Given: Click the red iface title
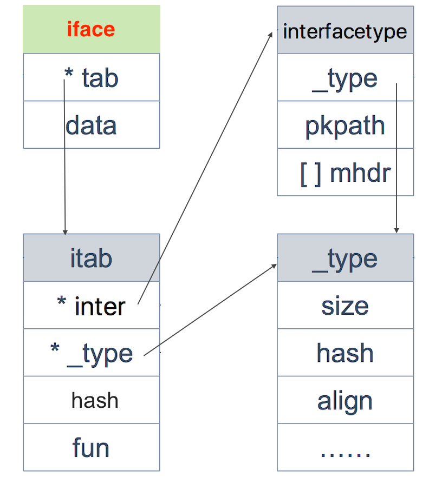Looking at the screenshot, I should tap(91, 29).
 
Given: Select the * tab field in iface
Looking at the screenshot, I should tap(91, 78).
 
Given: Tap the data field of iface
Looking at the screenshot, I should tap(91, 125).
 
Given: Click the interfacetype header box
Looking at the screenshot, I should tap(345, 31).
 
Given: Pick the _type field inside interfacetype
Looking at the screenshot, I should tap(345, 78).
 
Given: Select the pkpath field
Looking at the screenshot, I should tap(345, 126).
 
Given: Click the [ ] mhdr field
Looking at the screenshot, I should tap(345, 173).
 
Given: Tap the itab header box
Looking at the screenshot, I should tap(91, 258).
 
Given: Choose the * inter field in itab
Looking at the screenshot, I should tap(91, 306).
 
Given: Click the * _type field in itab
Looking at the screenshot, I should tap(91, 353).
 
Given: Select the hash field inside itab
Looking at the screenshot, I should tap(94, 401).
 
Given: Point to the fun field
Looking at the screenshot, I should tap(91, 448).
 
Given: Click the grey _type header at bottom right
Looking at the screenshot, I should tap(345, 258).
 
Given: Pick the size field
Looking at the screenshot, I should tap(345, 306).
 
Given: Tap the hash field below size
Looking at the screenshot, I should tap(345, 353).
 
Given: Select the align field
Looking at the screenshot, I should tap(345, 401).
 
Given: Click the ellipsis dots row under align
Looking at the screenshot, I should tap(345, 449).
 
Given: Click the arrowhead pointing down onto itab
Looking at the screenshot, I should tap(65, 231).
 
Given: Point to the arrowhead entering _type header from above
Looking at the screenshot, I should tap(396, 230).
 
